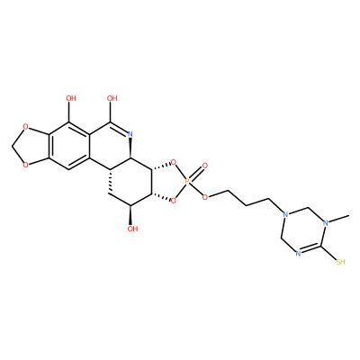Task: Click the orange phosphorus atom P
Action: point(187,181)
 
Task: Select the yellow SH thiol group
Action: point(340,262)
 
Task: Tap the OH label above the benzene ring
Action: point(71,98)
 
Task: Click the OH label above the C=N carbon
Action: point(112,98)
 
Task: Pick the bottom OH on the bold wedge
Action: point(132,229)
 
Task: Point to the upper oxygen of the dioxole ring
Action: point(26,128)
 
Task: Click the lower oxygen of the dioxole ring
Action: point(26,165)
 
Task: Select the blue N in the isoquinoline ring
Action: point(130,134)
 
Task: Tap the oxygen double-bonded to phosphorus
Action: point(205,166)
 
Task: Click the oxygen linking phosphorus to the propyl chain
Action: point(205,197)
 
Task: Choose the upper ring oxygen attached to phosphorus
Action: point(173,164)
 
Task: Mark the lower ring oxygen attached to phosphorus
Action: point(173,200)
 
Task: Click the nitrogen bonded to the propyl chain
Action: point(285,215)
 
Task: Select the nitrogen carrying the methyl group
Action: point(326,222)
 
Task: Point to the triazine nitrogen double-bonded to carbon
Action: point(298,254)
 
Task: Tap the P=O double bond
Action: point(195,173)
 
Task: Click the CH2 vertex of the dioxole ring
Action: point(13,146)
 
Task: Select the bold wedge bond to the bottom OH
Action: point(131,215)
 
